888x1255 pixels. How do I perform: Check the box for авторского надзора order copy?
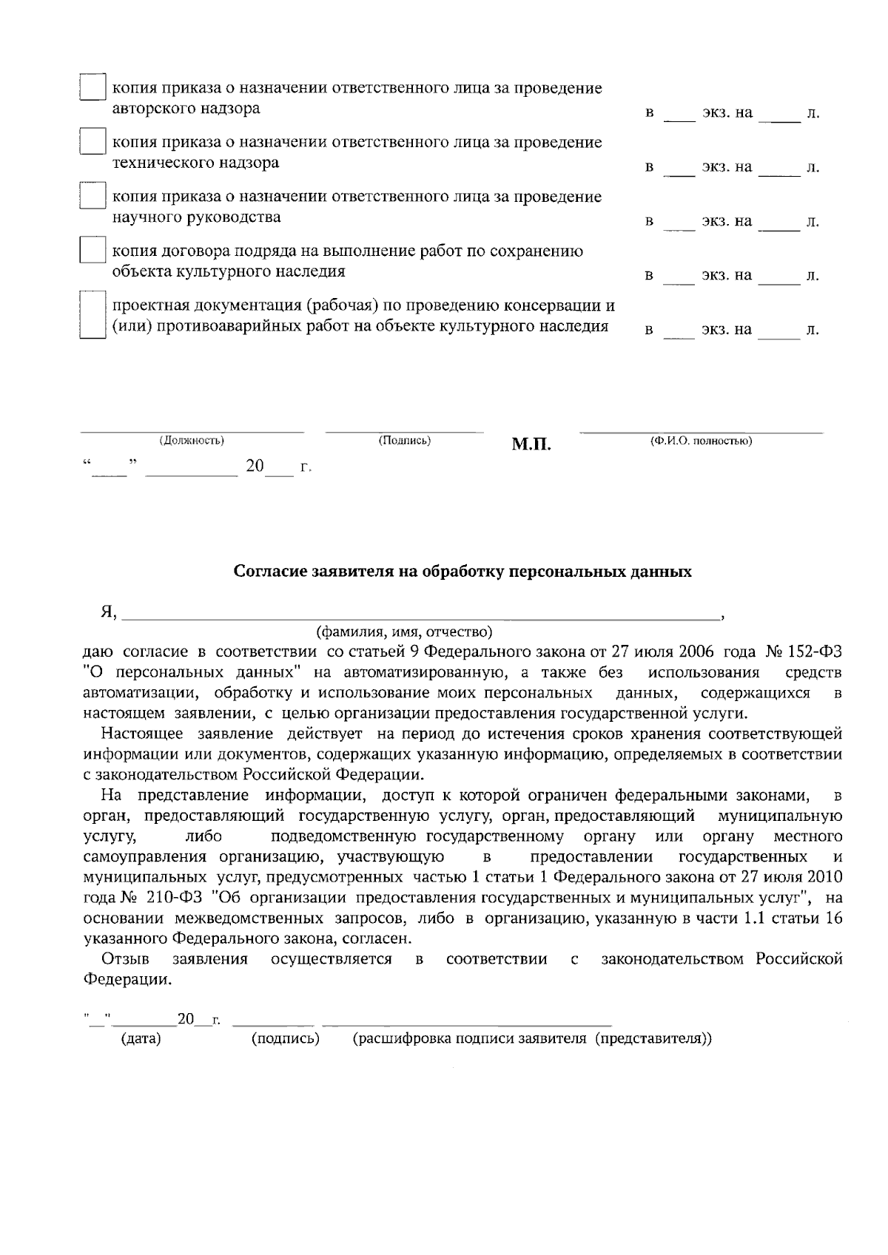click(x=92, y=87)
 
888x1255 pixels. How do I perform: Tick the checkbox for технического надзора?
click(x=92, y=141)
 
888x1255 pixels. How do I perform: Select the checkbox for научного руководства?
click(x=92, y=195)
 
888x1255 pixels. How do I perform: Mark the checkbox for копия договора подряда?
click(x=92, y=250)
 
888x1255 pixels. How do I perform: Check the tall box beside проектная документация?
click(x=92, y=315)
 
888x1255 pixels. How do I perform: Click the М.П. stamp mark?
click(x=531, y=444)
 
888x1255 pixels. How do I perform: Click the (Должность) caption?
click(x=192, y=441)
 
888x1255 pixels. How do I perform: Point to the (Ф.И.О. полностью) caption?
click(x=701, y=441)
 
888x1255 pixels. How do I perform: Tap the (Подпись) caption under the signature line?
click(x=404, y=441)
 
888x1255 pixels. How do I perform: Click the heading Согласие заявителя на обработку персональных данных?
click(x=462, y=572)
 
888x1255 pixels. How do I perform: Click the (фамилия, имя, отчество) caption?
click(x=403, y=632)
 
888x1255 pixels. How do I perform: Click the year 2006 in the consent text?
click(x=696, y=652)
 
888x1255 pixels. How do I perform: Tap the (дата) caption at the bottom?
click(x=141, y=1038)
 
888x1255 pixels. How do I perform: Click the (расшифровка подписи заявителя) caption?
click(x=532, y=1038)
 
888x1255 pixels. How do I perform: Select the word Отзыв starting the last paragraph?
click(x=126, y=959)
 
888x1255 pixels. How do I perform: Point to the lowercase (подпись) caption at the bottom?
click(x=286, y=1038)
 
